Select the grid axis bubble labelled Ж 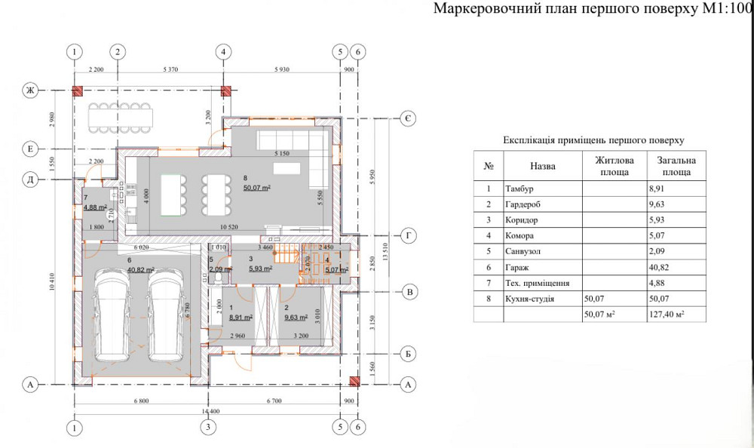(31, 91)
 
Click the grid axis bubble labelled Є (406, 119)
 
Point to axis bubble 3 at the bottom (208, 428)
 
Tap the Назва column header (542, 164)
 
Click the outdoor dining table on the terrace (121, 117)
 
